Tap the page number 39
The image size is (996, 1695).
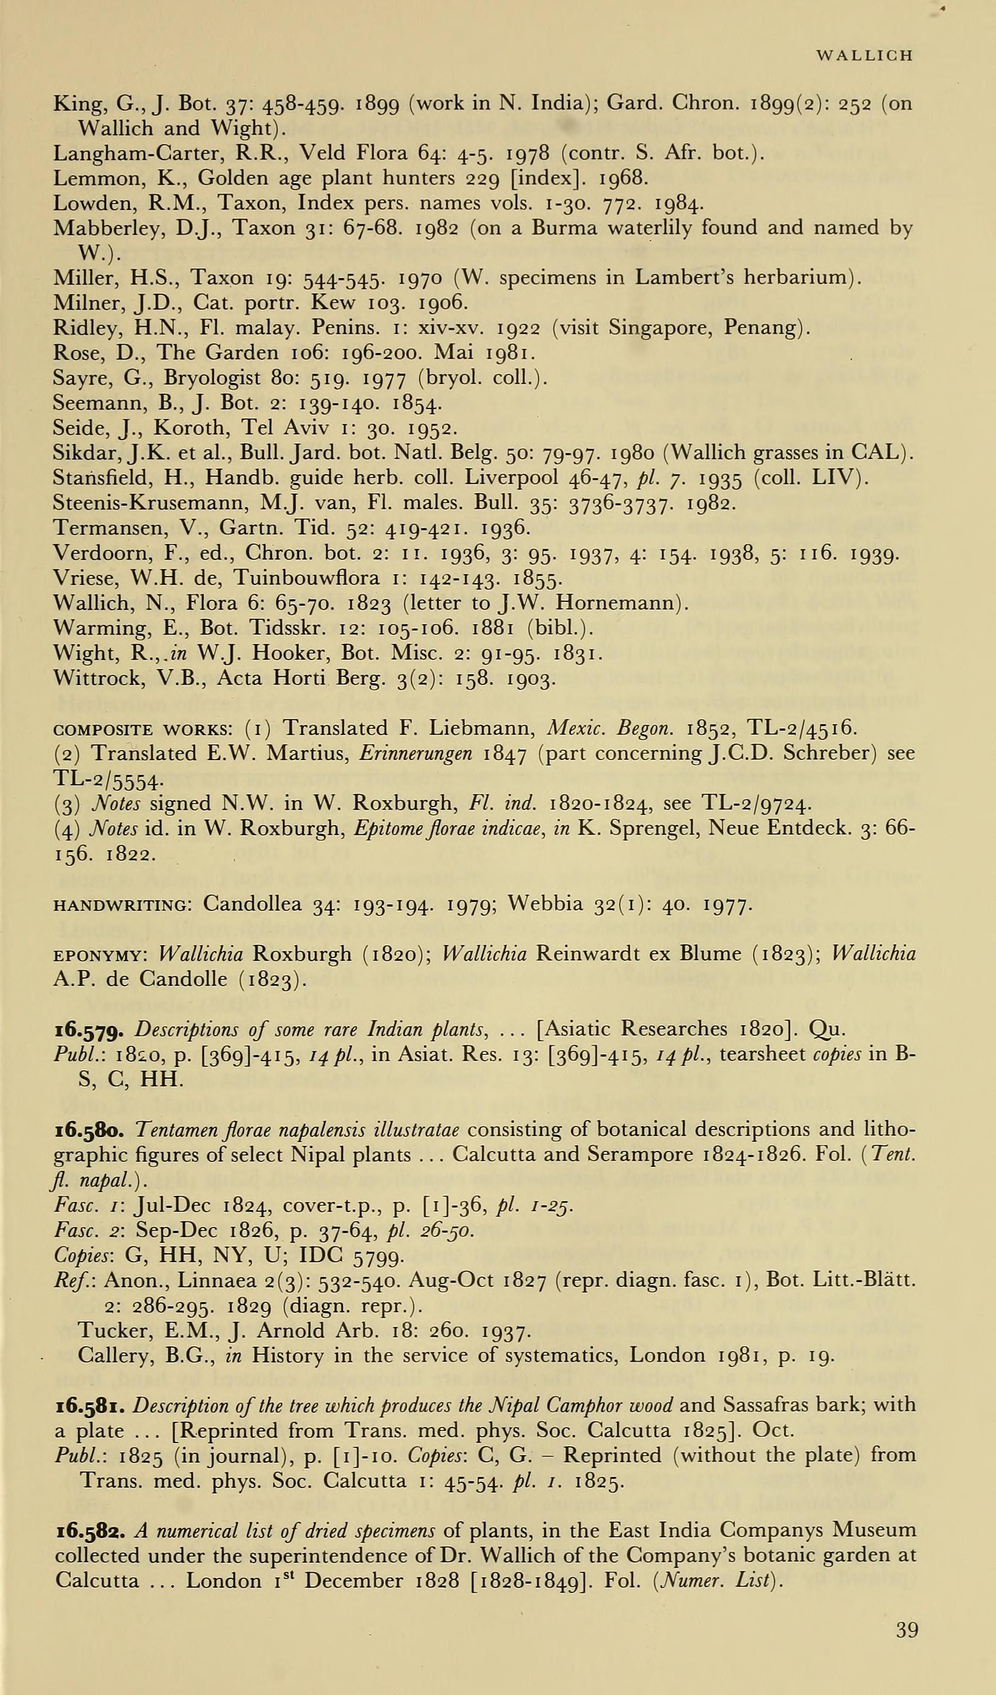pyautogui.click(x=906, y=1630)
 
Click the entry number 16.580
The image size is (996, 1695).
pyautogui.click(x=88, y=1130)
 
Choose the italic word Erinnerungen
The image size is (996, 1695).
pyautogui.click(x=415, y=754)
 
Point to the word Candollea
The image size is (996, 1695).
pyautogui.click(x=252, y=904)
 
